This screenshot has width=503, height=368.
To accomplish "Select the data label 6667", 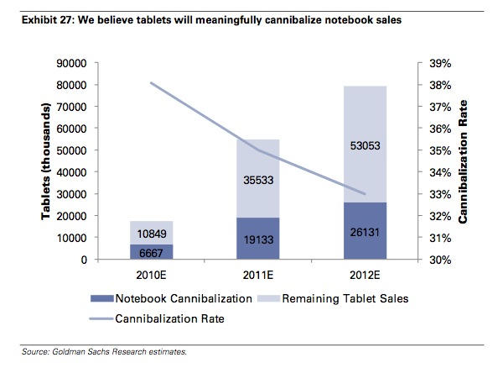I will click(x=152, y=252).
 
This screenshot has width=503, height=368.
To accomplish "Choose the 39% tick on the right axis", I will click(x=440, y=63).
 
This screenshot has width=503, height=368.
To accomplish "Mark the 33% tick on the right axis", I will click(x=440, y=194).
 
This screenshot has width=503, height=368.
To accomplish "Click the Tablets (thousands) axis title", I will click(x=49, y=161).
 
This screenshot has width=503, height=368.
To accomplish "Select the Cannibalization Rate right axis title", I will click(x=464, y=161).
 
